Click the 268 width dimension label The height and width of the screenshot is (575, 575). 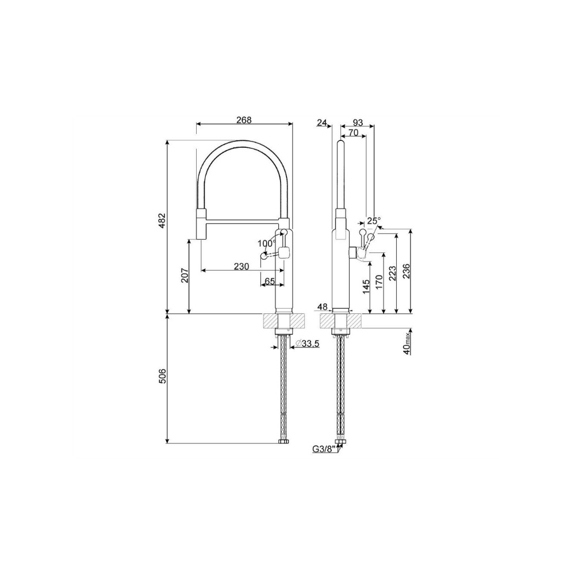244,120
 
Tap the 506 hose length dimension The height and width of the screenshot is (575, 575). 163,376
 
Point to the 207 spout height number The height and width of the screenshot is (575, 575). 185,275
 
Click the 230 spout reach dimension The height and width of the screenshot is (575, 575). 241,266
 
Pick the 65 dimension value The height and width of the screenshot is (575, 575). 270,281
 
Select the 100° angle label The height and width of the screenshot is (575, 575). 267,243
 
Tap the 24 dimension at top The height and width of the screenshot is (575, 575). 321,122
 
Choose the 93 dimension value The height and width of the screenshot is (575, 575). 357,122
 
